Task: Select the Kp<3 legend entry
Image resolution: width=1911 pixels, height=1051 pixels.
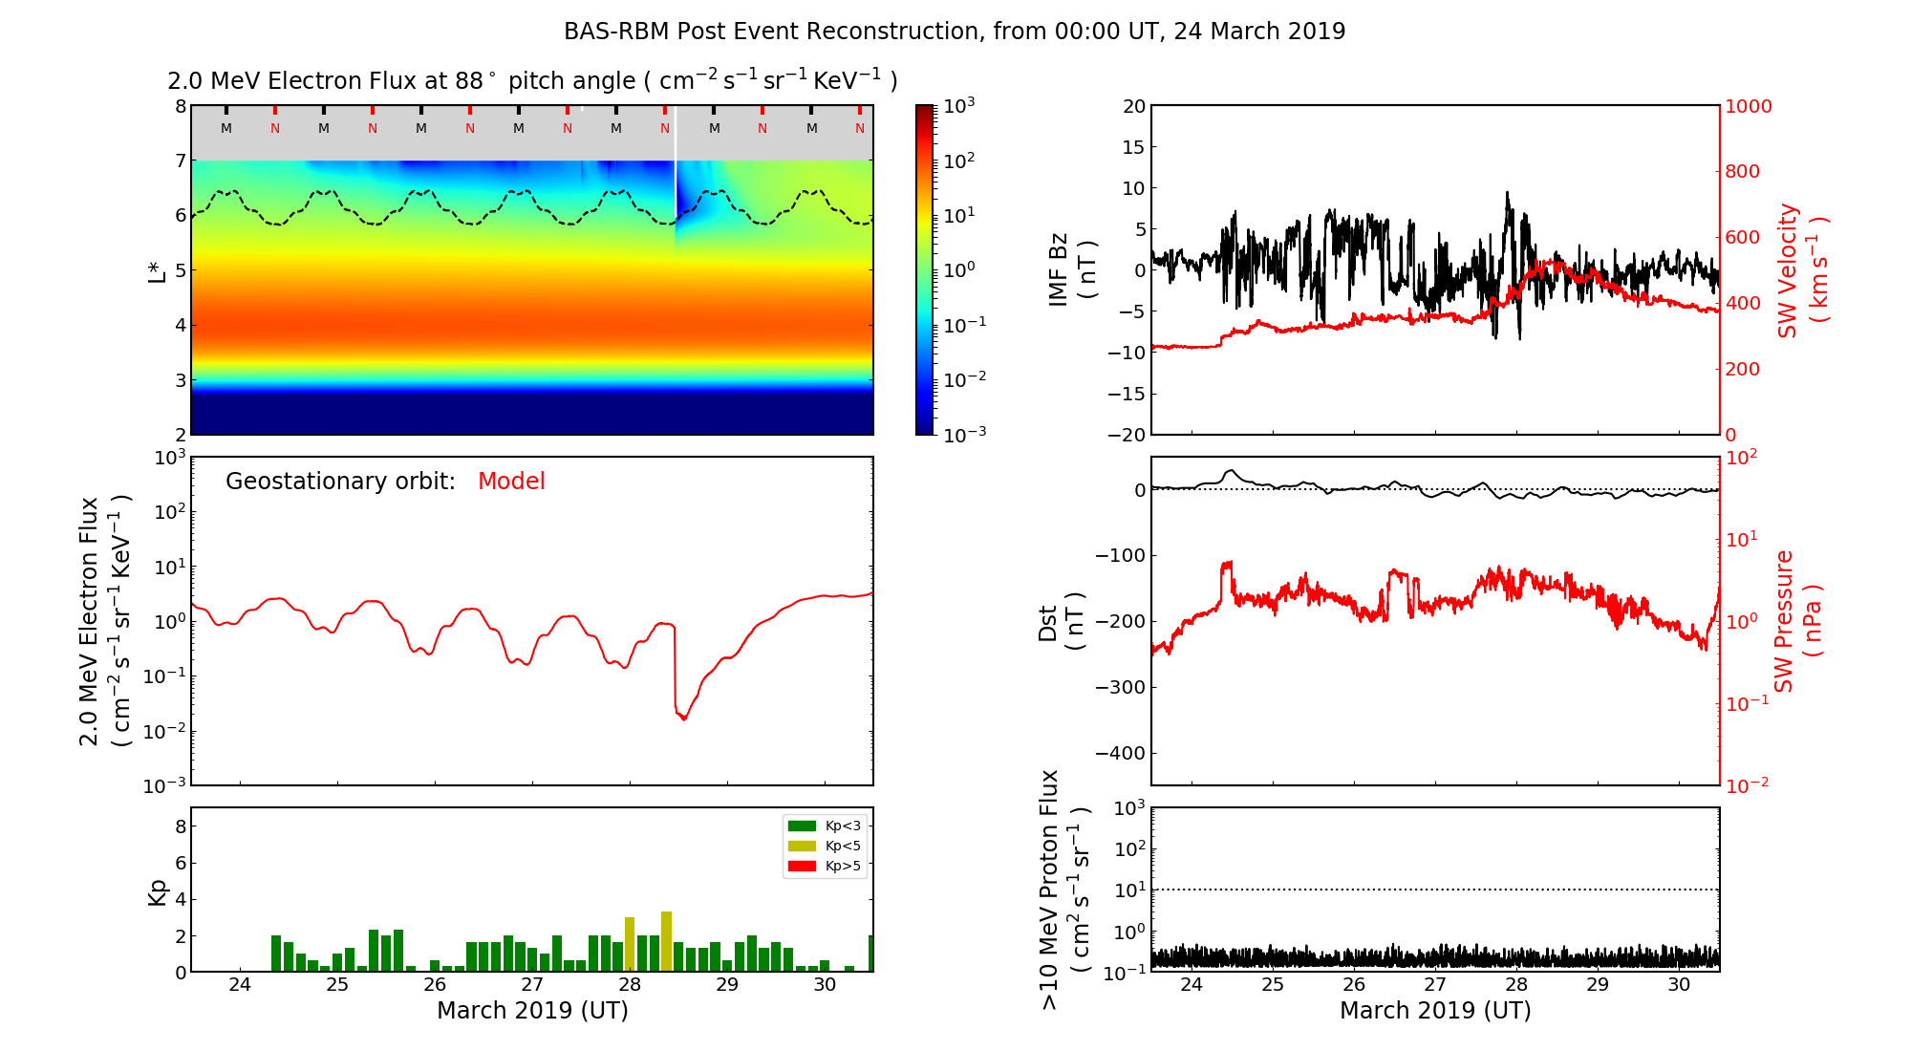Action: click(x=823, y=826)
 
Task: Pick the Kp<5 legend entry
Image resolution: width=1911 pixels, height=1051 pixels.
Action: click(x=823, y=846)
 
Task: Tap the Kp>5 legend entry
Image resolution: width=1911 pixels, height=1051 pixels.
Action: click(x=823, y=867)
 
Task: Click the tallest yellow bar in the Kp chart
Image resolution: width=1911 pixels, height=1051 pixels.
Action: click(x=666, y=941)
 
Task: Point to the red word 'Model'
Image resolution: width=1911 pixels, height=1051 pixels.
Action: click(x=511, y=482)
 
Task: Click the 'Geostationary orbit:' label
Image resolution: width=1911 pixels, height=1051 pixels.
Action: click(x=340, y=482)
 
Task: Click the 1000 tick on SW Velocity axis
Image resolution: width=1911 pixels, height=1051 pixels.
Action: click(x=1748, y=106)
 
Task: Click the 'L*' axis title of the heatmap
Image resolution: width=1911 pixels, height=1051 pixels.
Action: click(x=157, y=270)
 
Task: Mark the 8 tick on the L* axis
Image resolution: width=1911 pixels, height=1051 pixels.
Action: click(x=181, y=106)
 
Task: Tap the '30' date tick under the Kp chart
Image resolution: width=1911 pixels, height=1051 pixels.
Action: click(x=825, y=985)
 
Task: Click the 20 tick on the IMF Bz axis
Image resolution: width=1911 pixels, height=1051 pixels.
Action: click(x=1134, y=106)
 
